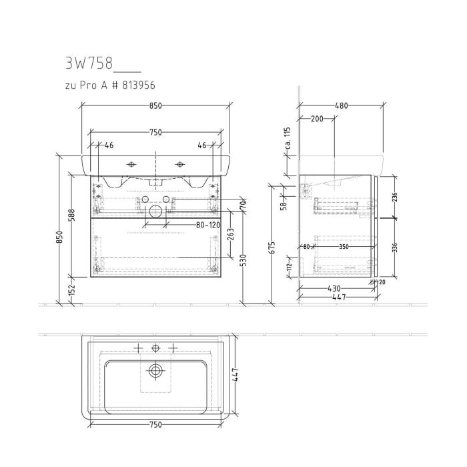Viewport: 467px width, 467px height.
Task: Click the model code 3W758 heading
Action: (x=89, y=65)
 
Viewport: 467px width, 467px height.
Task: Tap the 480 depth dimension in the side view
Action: (x=341, y=105)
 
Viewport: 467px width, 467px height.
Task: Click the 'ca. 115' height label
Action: (x=288, y=136)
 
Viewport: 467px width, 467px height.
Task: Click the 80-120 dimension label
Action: (x=207, y=225)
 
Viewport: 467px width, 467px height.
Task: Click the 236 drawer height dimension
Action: (x=394, y=197)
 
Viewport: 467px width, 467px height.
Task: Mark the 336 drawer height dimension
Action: (x=394, y=249)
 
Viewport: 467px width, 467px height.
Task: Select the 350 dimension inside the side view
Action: (x=343, y=247)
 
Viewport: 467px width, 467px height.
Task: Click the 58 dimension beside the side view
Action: (x=284, y=206)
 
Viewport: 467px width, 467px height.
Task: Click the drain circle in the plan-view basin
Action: (x=156, y=371)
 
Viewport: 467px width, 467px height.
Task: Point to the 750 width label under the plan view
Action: (x=155, y=425)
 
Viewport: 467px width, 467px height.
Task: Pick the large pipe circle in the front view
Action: (x=155, y=211)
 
